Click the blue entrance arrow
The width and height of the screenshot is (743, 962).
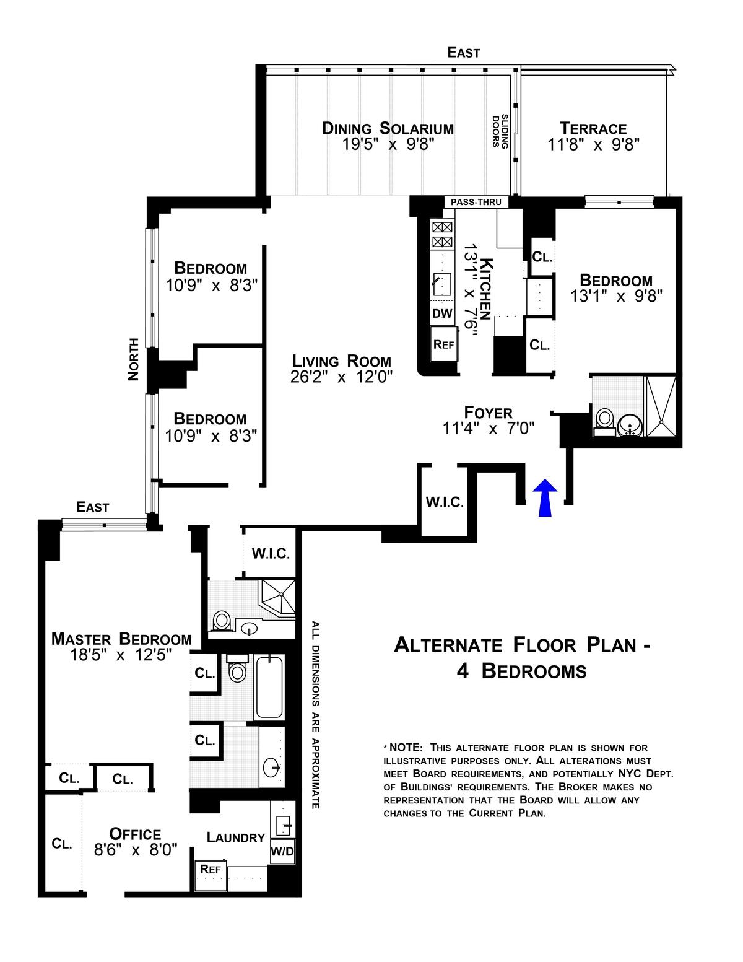click(545, 497)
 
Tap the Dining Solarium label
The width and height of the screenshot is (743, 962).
click(388, 128)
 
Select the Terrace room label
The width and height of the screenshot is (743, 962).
click(593, 128)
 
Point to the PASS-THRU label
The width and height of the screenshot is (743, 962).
click(476, 203)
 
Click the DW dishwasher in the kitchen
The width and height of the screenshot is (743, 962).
click(442, 313)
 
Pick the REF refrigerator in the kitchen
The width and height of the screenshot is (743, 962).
click(443, 344)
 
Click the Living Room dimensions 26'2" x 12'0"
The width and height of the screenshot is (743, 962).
click(341, 377)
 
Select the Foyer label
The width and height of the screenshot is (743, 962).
click(488, 413)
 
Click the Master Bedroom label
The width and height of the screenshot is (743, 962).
click(122, 639)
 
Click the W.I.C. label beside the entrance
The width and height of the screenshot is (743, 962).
click(445, 502)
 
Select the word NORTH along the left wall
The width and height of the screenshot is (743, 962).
click(133, 359)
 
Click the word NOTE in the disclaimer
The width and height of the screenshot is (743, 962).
click(404, 748)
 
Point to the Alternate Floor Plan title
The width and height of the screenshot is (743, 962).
click(522, 658)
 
